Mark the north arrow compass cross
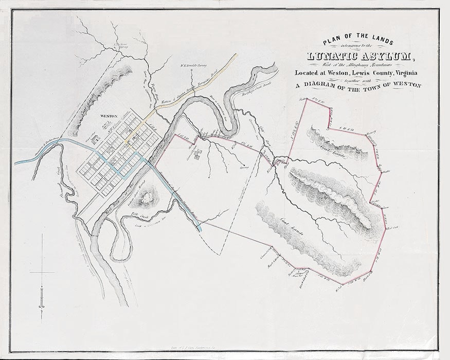point(40,272)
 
